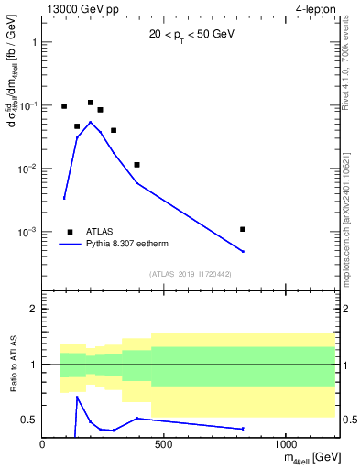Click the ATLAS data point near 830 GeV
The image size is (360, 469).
(x=243, y=229)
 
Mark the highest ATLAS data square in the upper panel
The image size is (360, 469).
(x=91, y=103)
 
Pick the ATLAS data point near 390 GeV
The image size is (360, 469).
(x=136, y=165)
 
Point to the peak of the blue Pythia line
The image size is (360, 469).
(x=90, y=122)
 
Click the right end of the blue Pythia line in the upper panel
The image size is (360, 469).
(x=243, y=252)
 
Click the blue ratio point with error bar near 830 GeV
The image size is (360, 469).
(x=243, y=429)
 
